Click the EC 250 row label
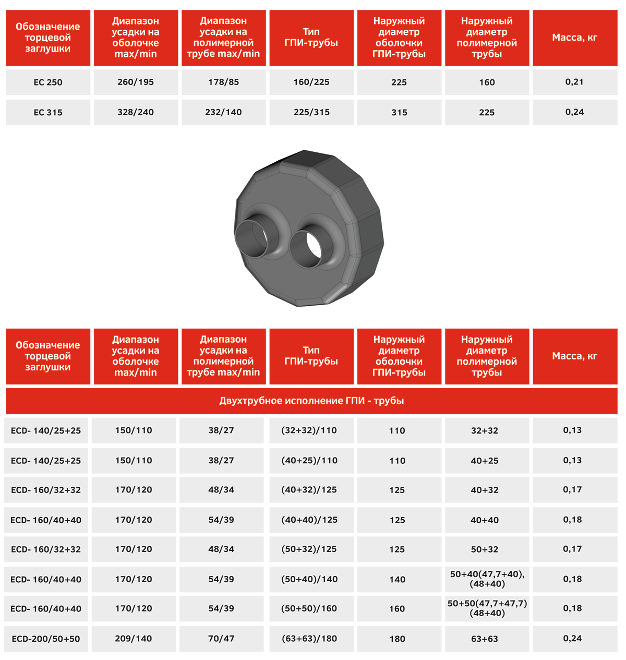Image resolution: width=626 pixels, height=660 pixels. coord(48,82)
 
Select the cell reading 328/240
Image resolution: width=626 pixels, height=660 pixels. coord(136,112)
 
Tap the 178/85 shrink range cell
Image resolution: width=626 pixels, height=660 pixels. coord(223,82)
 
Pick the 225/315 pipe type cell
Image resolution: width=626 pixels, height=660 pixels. coord(311,112)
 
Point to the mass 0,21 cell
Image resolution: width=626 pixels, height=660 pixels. coord(574,82)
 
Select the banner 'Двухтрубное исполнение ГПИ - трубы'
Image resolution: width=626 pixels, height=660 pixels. coord(311,401)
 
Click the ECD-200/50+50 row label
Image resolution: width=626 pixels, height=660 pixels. coord(46,639)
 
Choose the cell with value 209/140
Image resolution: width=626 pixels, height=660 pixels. coord(134,639)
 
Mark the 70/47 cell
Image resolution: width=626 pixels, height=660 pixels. coord(221,639)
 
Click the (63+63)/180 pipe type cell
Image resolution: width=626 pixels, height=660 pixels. coord(309,639)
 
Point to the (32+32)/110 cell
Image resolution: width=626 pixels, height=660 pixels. coord(309,430)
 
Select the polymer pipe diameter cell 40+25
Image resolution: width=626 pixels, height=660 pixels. coord(485,461)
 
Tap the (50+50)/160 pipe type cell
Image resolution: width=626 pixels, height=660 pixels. coord(309,609)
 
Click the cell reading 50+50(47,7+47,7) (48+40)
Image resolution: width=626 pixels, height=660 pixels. coord(487,608)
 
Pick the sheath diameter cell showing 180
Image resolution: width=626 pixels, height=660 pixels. coord(397,639)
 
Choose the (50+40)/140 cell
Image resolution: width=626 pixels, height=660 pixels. coord(309,579)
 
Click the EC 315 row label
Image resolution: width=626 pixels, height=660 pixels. coord(48,112)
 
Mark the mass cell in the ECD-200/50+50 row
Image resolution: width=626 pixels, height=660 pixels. coord(572,639)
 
